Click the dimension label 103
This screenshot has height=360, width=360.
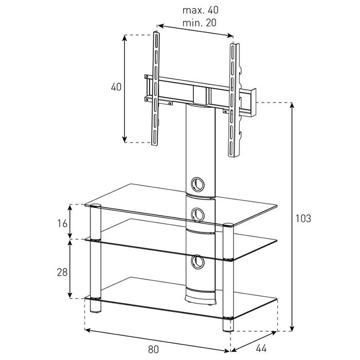click(303, 219)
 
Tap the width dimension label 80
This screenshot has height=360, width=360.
click(153, 349)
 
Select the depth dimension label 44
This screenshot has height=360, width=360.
click(261, 349)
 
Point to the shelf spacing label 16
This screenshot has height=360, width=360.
click(62, 223)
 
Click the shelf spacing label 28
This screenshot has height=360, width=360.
click(62, 272)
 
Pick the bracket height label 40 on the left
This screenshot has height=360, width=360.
click(116, 87)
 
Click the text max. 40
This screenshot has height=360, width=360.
click(201, 10)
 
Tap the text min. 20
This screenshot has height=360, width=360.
click(200, 23)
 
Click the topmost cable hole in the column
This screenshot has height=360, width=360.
click(197, 184)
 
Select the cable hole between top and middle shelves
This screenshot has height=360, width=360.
click(197, 214)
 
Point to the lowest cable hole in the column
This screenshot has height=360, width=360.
click(197, 262)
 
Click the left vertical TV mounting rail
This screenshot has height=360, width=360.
click(156, 88)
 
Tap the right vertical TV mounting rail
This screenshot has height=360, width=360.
click(233, 100)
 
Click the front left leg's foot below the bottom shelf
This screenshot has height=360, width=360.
click(96, 307)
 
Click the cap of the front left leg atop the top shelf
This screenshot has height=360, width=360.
click(96, 206)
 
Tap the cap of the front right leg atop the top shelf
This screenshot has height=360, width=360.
click(228, 225)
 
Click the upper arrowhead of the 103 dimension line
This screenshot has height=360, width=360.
click(292, 105)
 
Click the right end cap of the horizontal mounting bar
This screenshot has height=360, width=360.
click(253, 103)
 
